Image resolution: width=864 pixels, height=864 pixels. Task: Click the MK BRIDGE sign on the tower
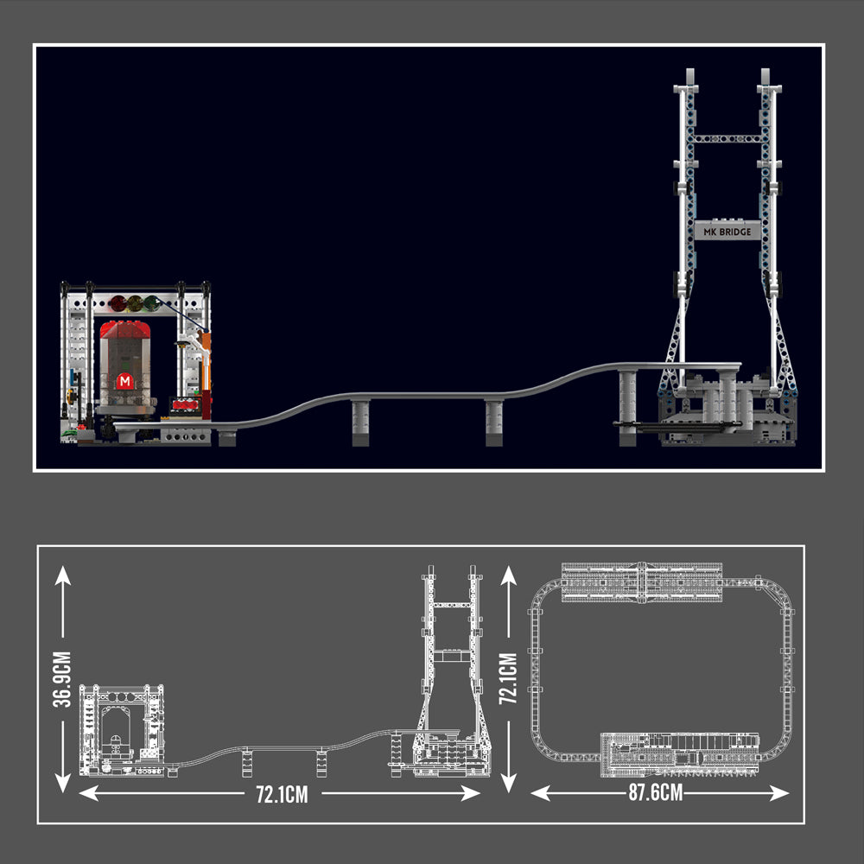(x=727, y=232)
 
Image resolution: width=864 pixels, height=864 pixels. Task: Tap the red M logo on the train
(x=125, y=381)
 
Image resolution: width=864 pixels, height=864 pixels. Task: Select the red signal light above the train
(x=118, y=303)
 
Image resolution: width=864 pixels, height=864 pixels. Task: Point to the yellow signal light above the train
(x=135, y=303)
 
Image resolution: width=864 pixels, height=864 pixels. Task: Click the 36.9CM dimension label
(x=62, y=679)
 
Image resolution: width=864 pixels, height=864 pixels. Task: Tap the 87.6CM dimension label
(x=656, y=793)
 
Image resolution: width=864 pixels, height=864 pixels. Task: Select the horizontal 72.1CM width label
(x=282, y=795)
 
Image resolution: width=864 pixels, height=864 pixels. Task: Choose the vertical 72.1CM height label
(x=508, y=678)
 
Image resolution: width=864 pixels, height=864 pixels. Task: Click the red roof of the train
(x=125, y=329)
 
